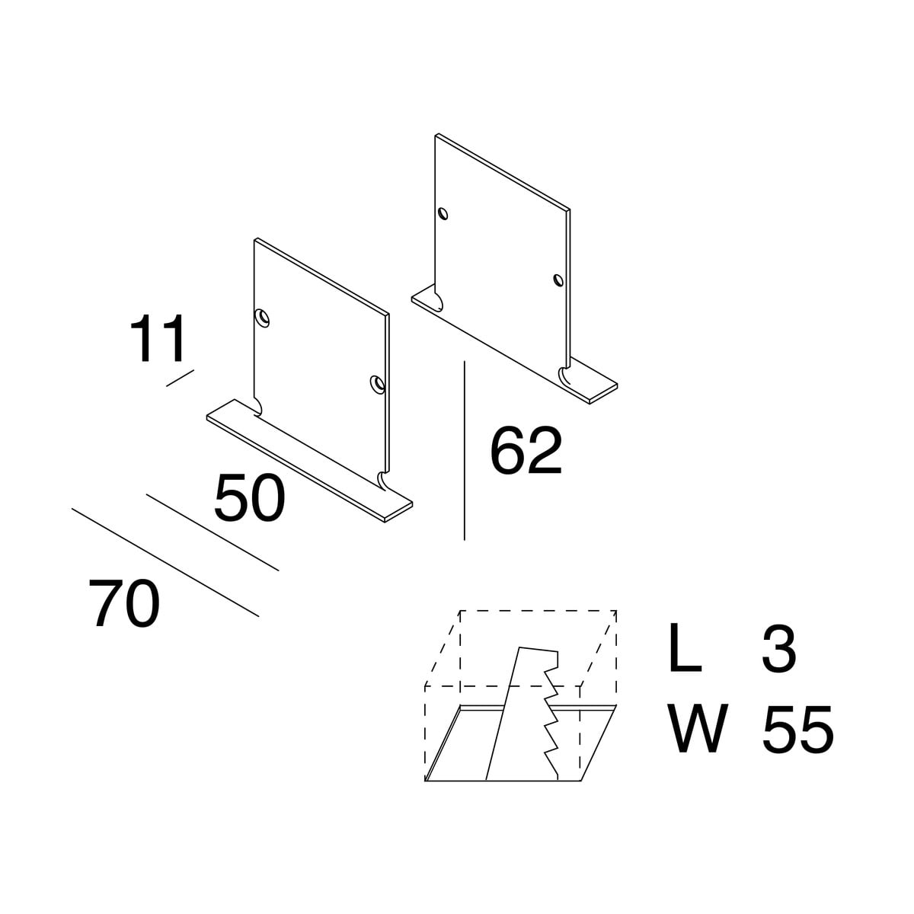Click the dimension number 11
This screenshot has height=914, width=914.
coord(158,338)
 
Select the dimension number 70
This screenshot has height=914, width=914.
coord(124,604)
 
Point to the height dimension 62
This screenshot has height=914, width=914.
coord(526,451)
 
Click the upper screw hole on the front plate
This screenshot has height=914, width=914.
coord(262,318)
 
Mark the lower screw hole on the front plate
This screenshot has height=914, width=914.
coord(378,384)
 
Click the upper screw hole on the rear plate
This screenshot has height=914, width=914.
coord(443,214)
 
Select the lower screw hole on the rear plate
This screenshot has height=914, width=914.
coord(558,280)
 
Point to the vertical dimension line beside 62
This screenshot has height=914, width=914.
coord(465,451)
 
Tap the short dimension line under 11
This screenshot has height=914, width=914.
coord(181,378)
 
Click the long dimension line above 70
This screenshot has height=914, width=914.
coord(165,563)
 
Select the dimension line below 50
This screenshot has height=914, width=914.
coord(213,532)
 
